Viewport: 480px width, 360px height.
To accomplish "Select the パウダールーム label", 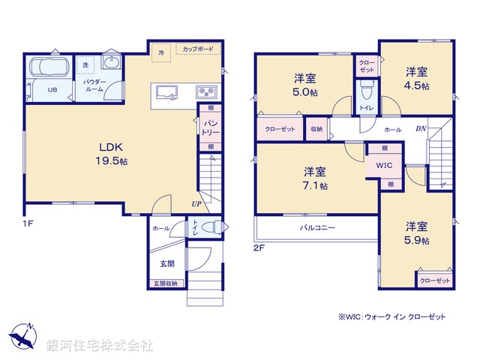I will pos(94,85).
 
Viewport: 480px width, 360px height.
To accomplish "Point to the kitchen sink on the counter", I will pos(166,92).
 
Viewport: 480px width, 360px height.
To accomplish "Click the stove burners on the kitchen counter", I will pos(206,92).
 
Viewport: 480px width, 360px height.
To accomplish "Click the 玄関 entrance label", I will pos(167,263).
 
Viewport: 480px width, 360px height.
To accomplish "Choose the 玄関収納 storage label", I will pos(166,283).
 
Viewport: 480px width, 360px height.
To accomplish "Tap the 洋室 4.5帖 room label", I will pos(417,79).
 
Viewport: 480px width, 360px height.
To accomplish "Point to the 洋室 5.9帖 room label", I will pos(417,232).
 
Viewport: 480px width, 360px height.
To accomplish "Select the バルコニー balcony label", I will pos(318,227).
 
